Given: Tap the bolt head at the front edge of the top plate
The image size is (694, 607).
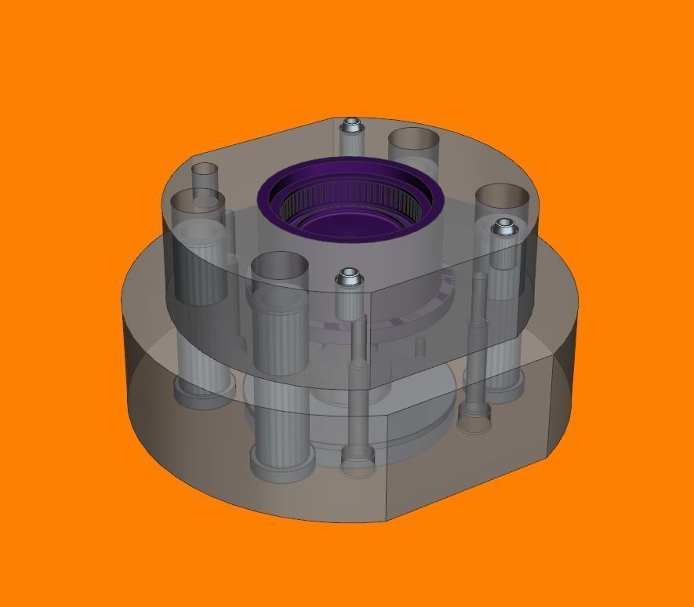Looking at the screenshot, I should point(347,277).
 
